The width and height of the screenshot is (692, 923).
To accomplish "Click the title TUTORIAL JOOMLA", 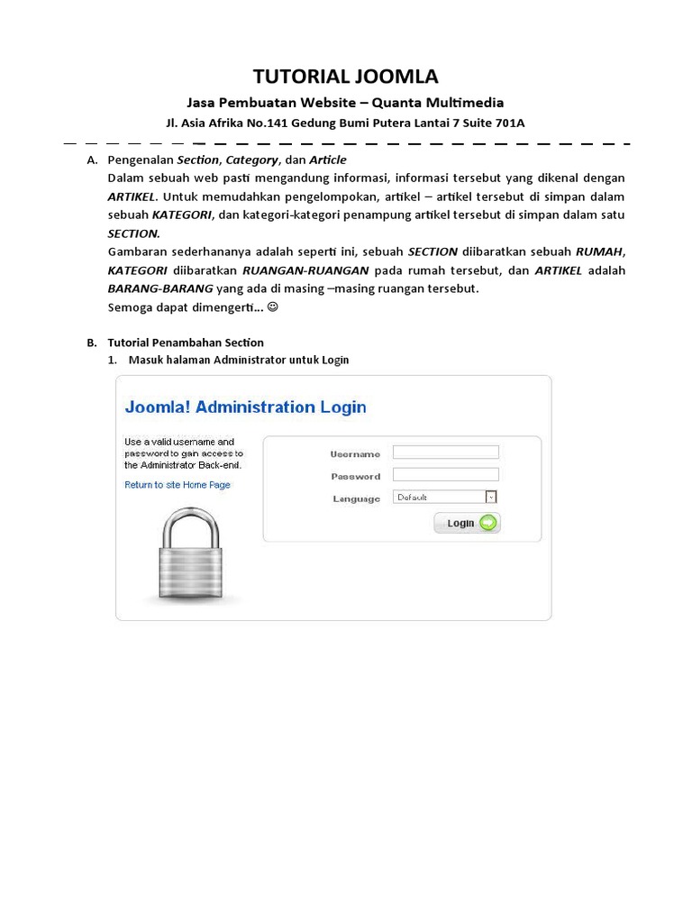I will (345, 76).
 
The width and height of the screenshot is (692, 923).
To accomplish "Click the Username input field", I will (446, 452).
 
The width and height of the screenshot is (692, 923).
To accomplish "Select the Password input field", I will (446, 475).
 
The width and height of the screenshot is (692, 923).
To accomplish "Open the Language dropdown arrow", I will (491, 497).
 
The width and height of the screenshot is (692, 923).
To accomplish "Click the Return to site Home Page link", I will (178, 485).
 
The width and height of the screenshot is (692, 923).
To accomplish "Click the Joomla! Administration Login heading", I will (245, 407).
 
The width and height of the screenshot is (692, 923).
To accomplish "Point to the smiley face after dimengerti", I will (273, 307).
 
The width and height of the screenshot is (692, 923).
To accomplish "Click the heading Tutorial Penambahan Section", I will (186, 343).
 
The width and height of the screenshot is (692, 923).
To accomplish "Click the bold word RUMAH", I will (599, 251).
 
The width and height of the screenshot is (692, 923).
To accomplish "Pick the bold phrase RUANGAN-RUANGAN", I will (305, 270).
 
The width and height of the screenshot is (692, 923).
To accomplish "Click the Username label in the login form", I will (355, 454).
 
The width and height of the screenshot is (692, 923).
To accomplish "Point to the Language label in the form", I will (356, 498).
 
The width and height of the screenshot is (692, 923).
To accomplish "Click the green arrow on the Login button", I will (487, 523).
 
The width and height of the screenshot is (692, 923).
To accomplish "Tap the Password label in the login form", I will (355, 477).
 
